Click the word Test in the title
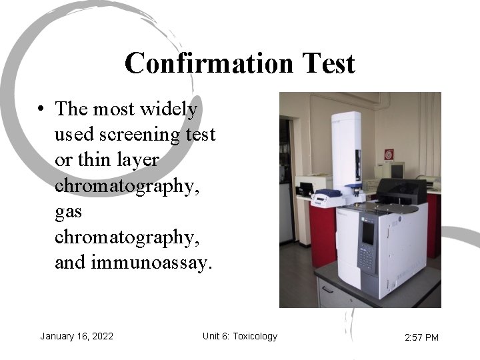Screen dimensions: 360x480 point(327,64)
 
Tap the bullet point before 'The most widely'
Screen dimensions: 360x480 point(41,109)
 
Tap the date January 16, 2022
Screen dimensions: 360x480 point(76,336)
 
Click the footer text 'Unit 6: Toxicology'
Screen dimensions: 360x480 point(239,336)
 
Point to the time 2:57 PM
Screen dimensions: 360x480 point(421,337)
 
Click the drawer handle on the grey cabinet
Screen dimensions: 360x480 point(327,289)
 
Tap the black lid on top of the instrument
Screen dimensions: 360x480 point(401,193)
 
